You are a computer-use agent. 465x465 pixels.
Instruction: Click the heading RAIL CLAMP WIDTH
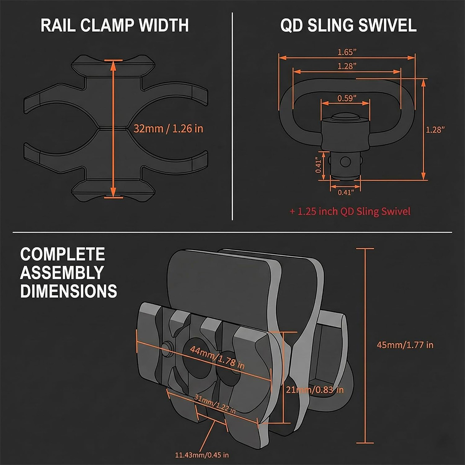pyautogui.click(x=114, y=26)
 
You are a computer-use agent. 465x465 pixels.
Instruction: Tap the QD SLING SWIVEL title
pyautogui.click(x=348, y=26)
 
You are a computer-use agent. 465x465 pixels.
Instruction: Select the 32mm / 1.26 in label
pyautogui.click(x=168, y=128)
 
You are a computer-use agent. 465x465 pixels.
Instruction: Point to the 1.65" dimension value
pyautogui.click(x=347, y=52)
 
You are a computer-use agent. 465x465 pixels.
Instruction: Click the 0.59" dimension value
pyautogui.click(x=346, y=98)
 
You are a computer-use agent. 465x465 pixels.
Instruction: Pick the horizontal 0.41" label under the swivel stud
pyautogui.click(x=346, y=192)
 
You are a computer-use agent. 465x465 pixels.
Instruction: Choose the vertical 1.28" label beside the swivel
pyautogui.click(x=435, y=130)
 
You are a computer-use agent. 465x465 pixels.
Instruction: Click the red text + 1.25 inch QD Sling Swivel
pyautogui.click(x=350, y=211)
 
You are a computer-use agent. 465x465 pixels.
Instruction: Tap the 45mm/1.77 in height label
pyautogui.click(x=405, y=345)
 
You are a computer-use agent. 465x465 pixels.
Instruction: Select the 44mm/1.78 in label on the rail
pyautogui.click(x=218, y=357)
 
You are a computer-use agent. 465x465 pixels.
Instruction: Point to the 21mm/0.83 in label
pyautogui.click(x=314, y=389)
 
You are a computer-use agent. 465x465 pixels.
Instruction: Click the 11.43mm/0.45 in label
pyautogui.click(x=202, y=455)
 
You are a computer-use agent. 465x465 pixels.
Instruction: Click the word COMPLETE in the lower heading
pyautogui.click(x=62, y=254)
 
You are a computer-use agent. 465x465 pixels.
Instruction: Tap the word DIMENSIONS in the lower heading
pyautogui.click(x=68, y=291)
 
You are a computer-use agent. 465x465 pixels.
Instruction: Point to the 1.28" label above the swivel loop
pyautogui.click(x=347, y=66)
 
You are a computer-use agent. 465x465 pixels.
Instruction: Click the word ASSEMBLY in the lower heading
pyautogui.click(x=62, y=273)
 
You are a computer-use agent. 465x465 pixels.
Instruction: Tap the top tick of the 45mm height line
pyautogui.click(x=365, y=248)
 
